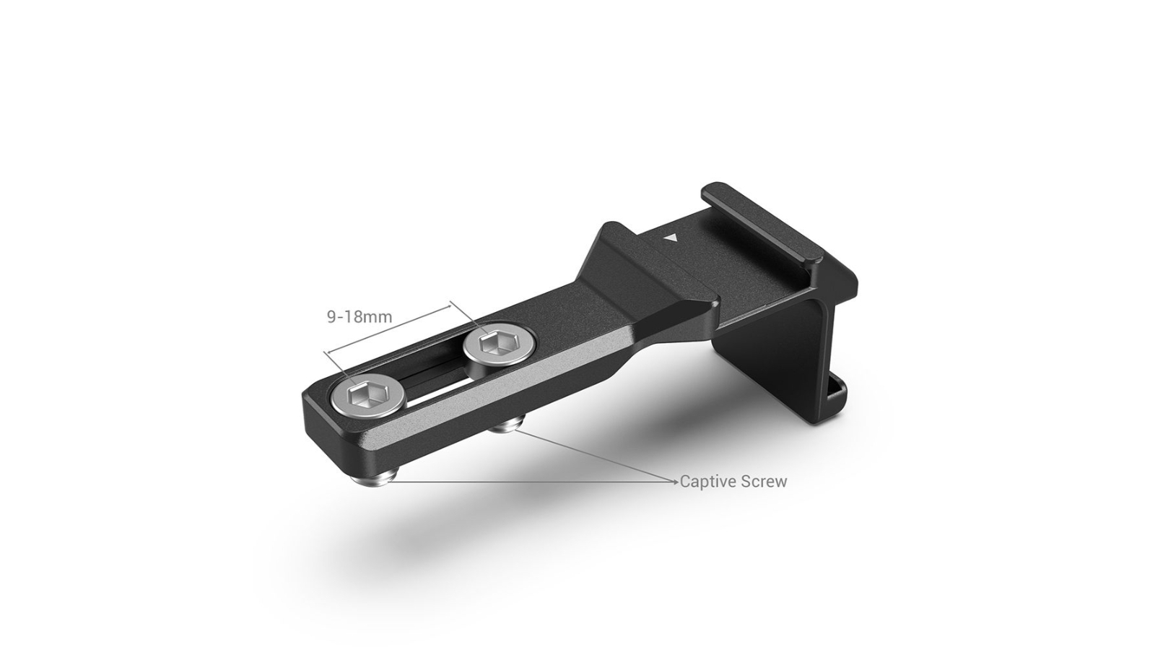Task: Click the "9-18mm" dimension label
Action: point(359,316)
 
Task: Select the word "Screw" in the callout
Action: point(764,482)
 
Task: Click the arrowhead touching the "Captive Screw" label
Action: point(676,481)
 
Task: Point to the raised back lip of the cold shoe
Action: point(765,217)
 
